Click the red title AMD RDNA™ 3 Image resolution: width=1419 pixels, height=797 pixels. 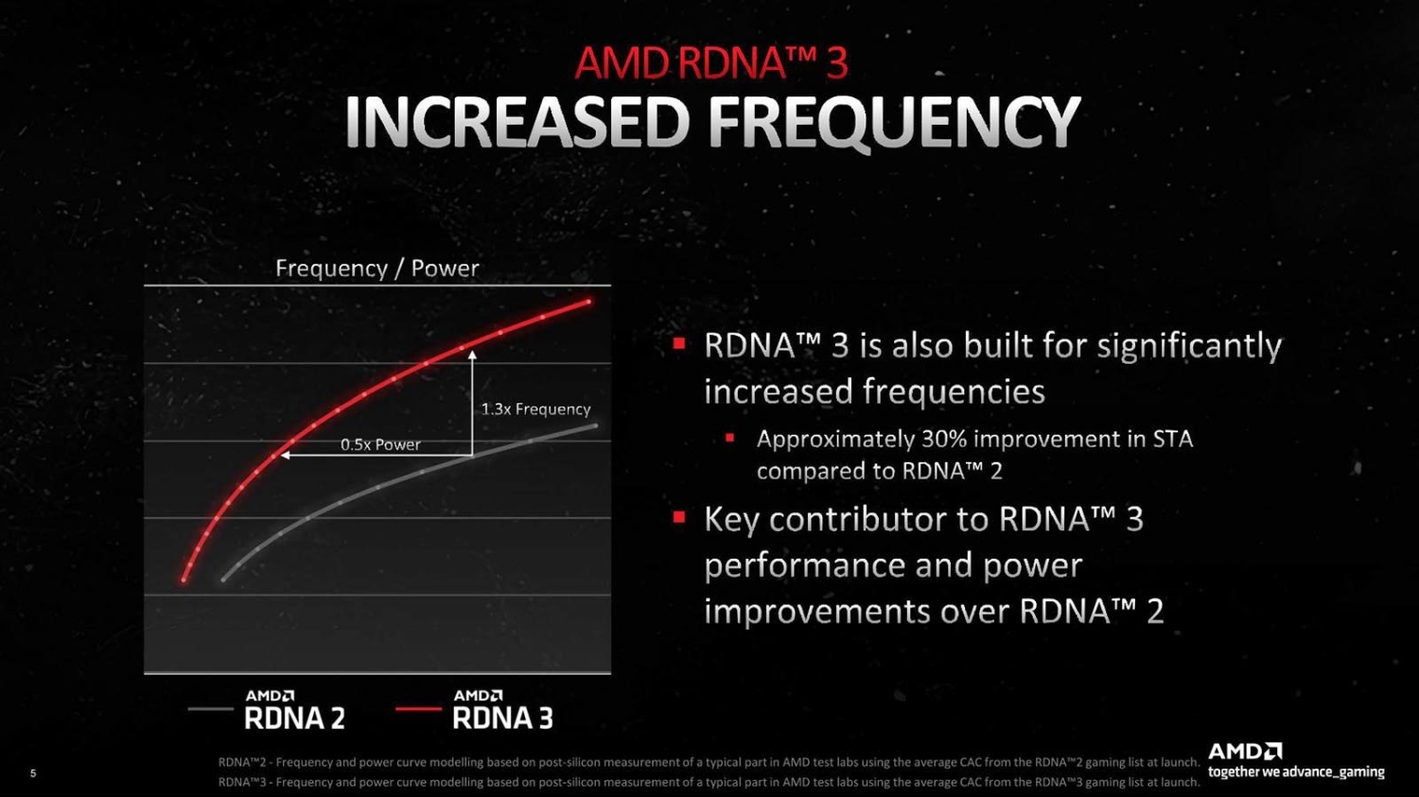[x=710, y=63]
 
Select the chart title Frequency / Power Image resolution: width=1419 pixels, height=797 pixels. [x=377, y=269]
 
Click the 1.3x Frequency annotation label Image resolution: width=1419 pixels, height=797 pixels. [x=535, y=408]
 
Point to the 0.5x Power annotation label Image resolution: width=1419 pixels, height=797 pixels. [x=380, y=444]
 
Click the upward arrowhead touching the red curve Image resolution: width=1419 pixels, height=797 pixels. [x=472, y=355]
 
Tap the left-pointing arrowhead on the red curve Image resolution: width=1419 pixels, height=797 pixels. [x=283, y=456]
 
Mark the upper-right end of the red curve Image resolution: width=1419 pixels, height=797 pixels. [x=589, y=302]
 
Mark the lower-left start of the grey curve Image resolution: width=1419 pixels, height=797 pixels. [x=224, y=580]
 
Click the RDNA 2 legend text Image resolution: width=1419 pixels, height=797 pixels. [x=294, y=719]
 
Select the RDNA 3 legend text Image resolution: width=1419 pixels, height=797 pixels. [x=502, y=719]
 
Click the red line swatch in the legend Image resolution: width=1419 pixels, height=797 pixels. [x=418, y=709]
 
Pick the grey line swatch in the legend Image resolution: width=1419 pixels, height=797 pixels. [x=210, y=709]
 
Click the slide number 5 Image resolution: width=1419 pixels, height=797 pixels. [x=33, y=773]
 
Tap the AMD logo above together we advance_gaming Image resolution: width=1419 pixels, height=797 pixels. [x=1244, y=752]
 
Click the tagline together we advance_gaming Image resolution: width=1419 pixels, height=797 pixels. [x=1296, y=772]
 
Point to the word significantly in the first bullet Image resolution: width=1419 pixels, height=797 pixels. [x=1189, y=346]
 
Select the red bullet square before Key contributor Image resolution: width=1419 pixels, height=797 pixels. [x=678, y=517]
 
